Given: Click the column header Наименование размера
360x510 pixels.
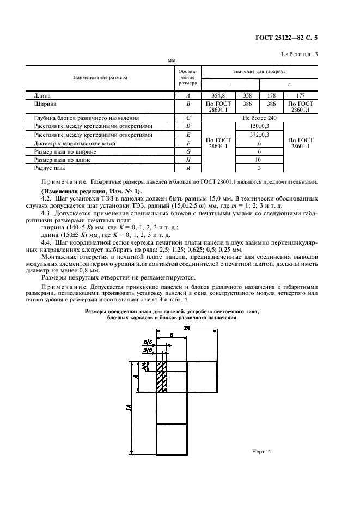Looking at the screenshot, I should click(x=100, y=77).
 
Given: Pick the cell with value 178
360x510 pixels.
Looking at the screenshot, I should click(x=271, y=95).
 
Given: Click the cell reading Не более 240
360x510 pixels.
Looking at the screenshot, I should click(x=259, y=117).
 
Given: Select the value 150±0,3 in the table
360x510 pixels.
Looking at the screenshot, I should click(x=259, y=125).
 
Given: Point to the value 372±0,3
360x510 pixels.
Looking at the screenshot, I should click(x=259, y=133).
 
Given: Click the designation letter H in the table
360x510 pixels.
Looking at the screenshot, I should click(x=188, y=161).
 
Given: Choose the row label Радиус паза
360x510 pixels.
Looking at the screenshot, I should click(x=50, y=169).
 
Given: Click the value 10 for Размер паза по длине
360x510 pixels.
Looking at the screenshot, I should click(x=259, y=161).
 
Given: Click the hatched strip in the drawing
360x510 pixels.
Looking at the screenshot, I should click(x=161, y=376).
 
